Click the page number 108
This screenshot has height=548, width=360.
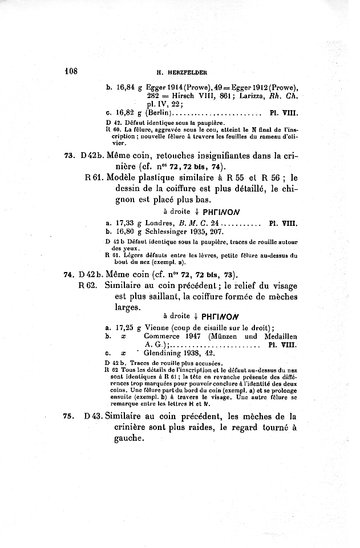(x=71, y=72)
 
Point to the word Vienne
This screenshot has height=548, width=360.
(x=158, y=328)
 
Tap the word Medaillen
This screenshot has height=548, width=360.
(x=278, y=336)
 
